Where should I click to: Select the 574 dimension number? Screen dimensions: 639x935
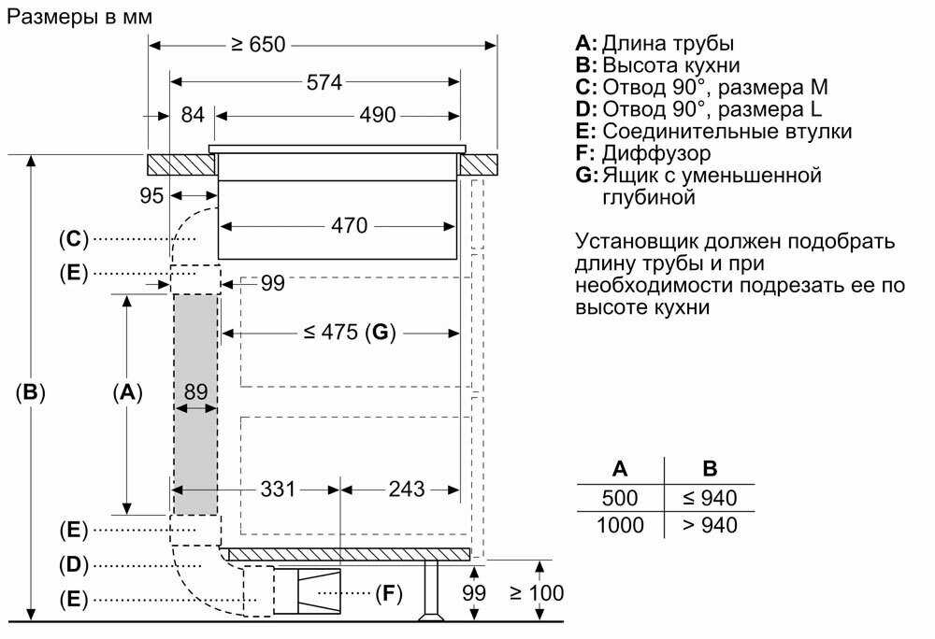pyautogui.click(x=324, y=82)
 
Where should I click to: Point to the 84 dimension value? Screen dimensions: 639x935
pyautogui.click(x=193, y=116)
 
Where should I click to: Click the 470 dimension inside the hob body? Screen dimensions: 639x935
pyautogui.click(x=349, y=225)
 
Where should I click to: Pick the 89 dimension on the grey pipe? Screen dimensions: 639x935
pyautogui.click(x=195, y=392)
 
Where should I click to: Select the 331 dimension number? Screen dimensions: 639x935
pyautogui.click(x=278, y=489)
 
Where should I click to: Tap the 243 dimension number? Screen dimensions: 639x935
pyautogui.click(x=406, y=489)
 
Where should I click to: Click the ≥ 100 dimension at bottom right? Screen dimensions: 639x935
pyautogui.click(x=537, y=592)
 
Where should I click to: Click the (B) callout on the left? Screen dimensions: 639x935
pyautogui.click(x=31, y=392)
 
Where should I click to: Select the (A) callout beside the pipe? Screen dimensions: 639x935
pyautogui.click(x=127, y=392)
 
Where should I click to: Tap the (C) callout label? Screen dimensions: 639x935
pyautogui.click(x=73, y=239)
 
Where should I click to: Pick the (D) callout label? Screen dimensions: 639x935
pyautogui.click(x=73, y=564)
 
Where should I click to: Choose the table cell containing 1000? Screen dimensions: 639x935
pyautogui.click(x=619, y=525)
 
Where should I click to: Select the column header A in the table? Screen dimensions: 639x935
pyautogui.click(x=619, y=469)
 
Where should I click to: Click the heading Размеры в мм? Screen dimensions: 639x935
pyautogui.click(x=79, y=17)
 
